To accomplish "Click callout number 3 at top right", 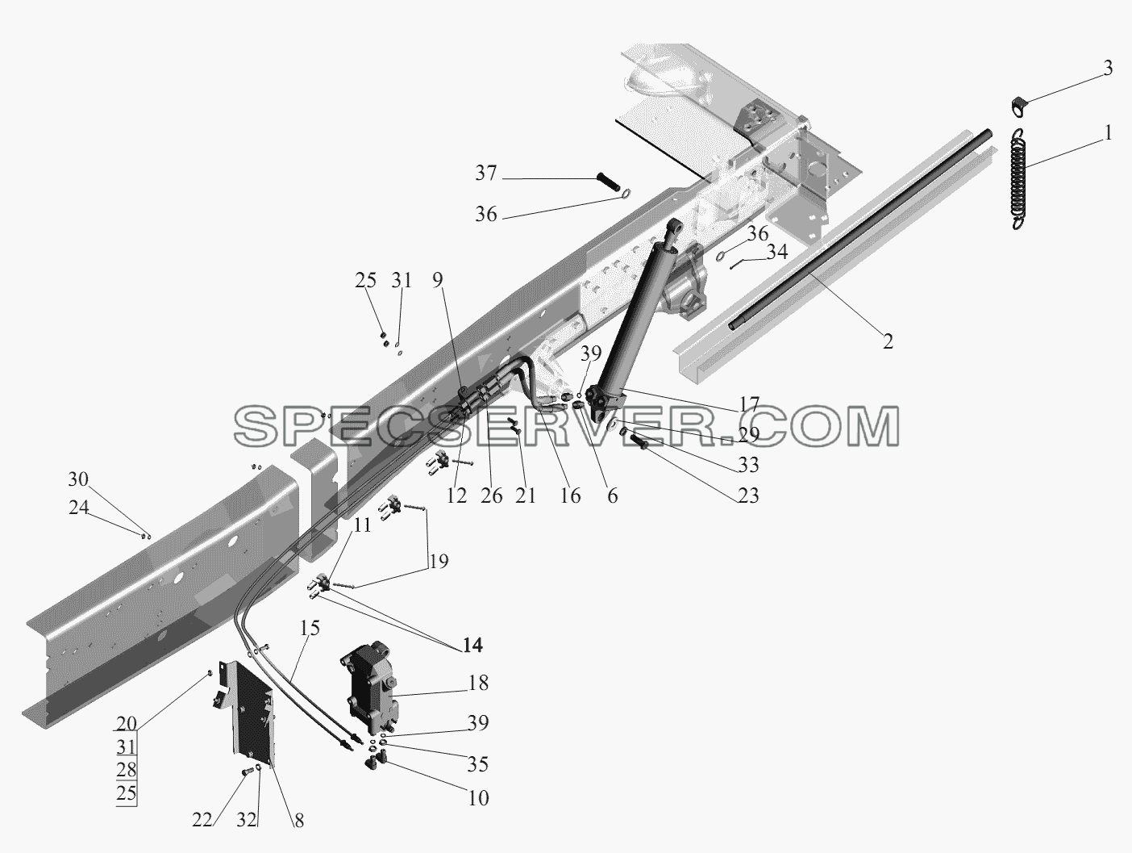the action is (x=1108, y=69).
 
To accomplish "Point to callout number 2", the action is (x=888, y=341).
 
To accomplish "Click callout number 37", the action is (x=486, y=174).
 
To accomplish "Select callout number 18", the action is (x=478, y=683).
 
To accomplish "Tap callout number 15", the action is (x=310, y=628).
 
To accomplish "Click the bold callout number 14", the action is (x=473, y=645).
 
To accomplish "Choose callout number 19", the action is (x=439, y=561).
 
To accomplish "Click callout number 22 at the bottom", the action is (x=202, y=820).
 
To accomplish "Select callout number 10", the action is (x=478, y=798).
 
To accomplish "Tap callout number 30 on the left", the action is (x=78, y=479).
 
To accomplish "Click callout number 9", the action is (x=437, y=280).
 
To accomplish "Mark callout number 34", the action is (x=777, y=252).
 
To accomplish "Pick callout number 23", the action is (x=748, y=495).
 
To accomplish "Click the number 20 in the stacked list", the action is (x=126, y=724).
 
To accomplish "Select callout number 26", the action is (x=491, y=496).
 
